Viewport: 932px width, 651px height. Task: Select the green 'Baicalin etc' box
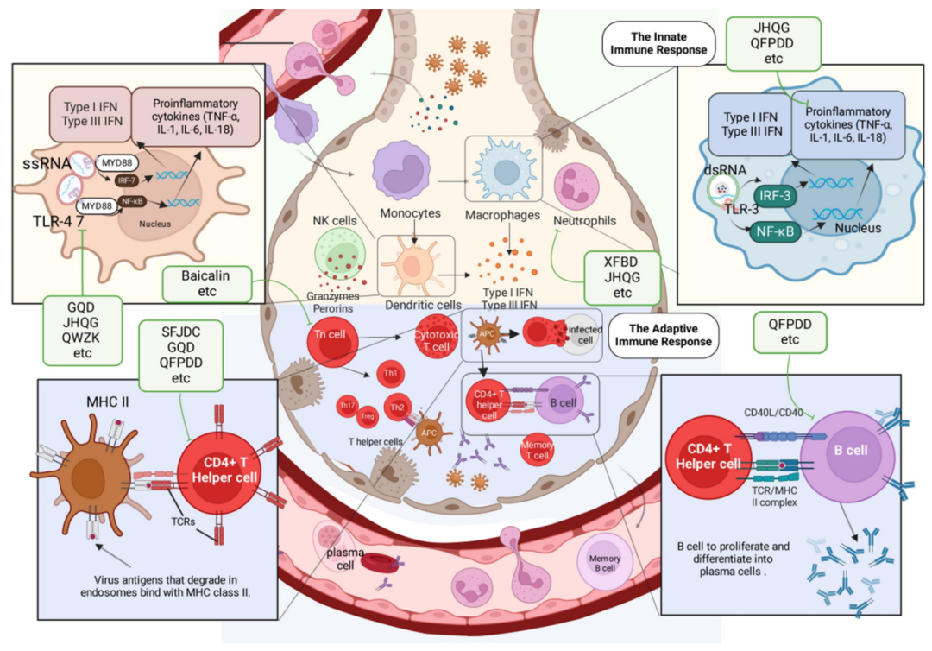pyautogui.click(x=207, y=283)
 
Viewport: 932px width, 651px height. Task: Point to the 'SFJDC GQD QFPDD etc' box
pyautogui.click(x=179, y=352)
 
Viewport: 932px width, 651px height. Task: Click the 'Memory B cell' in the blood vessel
pyautogui.click(x=605, y=559)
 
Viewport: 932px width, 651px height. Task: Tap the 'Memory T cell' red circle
pyautogui.click(x=537, y=450)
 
